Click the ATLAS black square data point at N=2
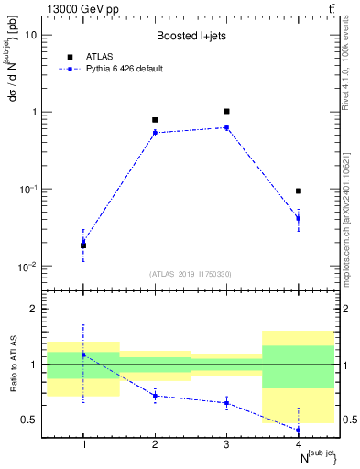[155, 120]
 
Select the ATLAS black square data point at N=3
[226, 111]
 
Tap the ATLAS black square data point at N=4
[298, 191]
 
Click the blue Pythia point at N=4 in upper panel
[298, 218]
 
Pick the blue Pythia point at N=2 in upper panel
[155, 133]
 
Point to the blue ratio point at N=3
[226, 403]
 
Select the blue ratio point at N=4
[298, 430]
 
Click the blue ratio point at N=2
[155, 396]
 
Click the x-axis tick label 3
[226, 444]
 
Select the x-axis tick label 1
[83, 444]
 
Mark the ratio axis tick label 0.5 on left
[29, 420]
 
